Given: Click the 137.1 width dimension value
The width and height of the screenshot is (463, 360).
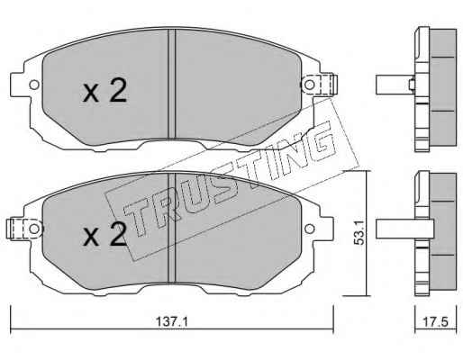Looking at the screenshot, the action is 172,322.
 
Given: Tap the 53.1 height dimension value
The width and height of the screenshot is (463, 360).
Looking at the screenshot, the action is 359,232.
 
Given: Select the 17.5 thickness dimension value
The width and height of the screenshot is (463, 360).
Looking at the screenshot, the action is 435,322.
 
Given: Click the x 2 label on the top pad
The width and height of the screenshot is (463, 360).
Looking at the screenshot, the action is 104,91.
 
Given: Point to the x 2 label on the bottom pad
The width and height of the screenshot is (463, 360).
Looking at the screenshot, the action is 104,234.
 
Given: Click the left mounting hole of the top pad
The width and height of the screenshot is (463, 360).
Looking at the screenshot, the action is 34,85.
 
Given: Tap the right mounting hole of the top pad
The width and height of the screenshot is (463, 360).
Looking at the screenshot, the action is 309,85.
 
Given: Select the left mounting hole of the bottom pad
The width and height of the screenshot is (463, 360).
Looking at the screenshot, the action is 34,229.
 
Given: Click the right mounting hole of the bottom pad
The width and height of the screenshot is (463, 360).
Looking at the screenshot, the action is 309,229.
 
